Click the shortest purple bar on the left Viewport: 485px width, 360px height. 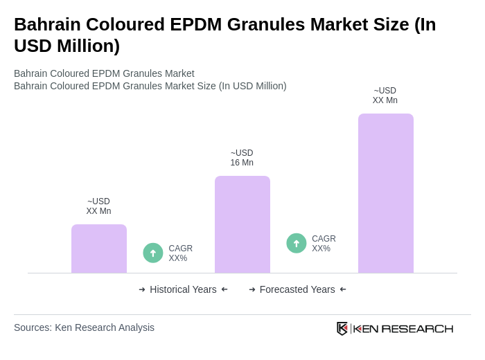coord(99,249)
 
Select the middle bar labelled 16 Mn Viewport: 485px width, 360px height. coord(242,224)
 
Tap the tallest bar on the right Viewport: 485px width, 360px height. coord(385,193)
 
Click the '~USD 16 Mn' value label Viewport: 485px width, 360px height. coord(242,158)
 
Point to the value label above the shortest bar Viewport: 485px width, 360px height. coord(98,206)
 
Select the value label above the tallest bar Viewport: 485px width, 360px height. coord(385,96)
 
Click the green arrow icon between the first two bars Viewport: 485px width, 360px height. coord(153,253)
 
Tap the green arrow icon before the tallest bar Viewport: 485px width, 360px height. coord(297,243)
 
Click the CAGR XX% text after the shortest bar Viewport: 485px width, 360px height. coord(180,253)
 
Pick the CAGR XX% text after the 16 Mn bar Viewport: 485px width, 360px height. coord(324,244)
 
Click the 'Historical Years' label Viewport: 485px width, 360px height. coord(183,289)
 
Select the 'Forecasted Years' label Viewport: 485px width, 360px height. coord(297,289)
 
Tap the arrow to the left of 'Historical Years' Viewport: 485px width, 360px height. coord(142,289)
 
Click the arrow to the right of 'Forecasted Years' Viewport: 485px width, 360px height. coord(343,289)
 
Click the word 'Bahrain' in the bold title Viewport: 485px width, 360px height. coord(46,24)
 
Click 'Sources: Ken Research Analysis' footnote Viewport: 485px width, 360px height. coord(84,327)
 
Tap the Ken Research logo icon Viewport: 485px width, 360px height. coord(342,328)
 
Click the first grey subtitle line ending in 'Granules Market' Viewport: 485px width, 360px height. coord(104,73)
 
